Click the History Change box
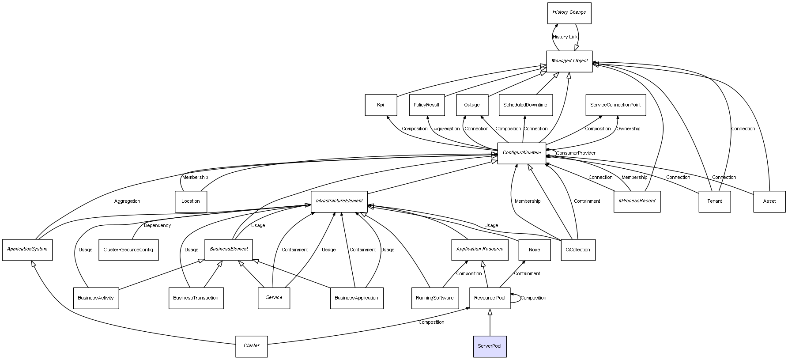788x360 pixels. click(x=569, y=12)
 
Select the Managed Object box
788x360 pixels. click(x=569, y=61)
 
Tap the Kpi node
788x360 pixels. click(x=381, y=105)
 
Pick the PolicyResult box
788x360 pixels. click(x=426, y=105)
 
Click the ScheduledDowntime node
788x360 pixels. click(x=525, y=105)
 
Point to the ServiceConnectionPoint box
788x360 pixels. click(x=615, y=105)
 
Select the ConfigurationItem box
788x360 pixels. click(x=521, y=153)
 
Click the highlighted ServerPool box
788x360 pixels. click(x=490, y=346)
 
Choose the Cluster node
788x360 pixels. click(x=252, y=346)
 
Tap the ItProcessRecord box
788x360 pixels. click(x=637, y=201)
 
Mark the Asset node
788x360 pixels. click(x=769, y=201)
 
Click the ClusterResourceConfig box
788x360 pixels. click(x=128, y=250)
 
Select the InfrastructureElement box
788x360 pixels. click(x=339, y=201)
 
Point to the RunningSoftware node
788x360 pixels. click(x=434, y=298)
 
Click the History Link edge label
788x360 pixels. click(x=565, y=37)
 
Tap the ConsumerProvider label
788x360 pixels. click(x=576, y=153)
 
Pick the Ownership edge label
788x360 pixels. click(x=628, y=129)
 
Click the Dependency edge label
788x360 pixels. click(x=157, y=226)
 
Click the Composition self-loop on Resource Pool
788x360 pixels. click(x=533, y=298)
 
